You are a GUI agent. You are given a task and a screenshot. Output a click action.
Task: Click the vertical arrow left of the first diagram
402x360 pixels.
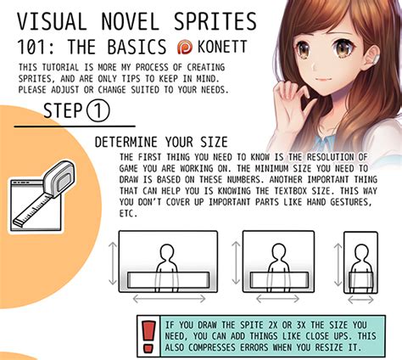click(112, 262)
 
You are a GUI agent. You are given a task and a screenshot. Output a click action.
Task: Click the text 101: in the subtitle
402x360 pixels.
click(37, 45)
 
